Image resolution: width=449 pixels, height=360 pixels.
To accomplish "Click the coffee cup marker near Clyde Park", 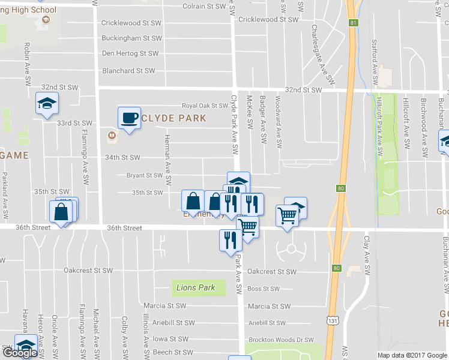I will pyautogui.click(x=129, y=118).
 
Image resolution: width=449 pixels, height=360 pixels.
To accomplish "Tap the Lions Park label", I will pyautogui.click(x=196, y=287).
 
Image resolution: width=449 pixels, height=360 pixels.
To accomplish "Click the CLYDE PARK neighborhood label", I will pyautogui.click(x=173, y=118).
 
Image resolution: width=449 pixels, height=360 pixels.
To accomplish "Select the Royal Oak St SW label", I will pyautogui.click(x=206, y=105).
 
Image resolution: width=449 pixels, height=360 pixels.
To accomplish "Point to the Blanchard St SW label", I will pyautogui.click(x=128, y=71).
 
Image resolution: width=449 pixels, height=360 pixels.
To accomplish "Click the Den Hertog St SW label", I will pyautogui.click(x=130, y=53).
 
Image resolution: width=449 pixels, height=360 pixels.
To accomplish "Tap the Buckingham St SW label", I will pyautogui.click(x=131, y=38).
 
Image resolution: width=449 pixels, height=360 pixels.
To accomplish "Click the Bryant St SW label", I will pyautogui.click(x=144, y=176).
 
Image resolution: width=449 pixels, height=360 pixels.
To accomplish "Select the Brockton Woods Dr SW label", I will pyautogui.click(x=281, y=339).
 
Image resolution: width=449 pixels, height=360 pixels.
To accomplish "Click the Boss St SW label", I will pyautogui.click(x=264, y=289).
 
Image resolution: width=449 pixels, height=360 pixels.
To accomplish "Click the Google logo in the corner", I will pyautogui.click(x=20, y=353).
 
